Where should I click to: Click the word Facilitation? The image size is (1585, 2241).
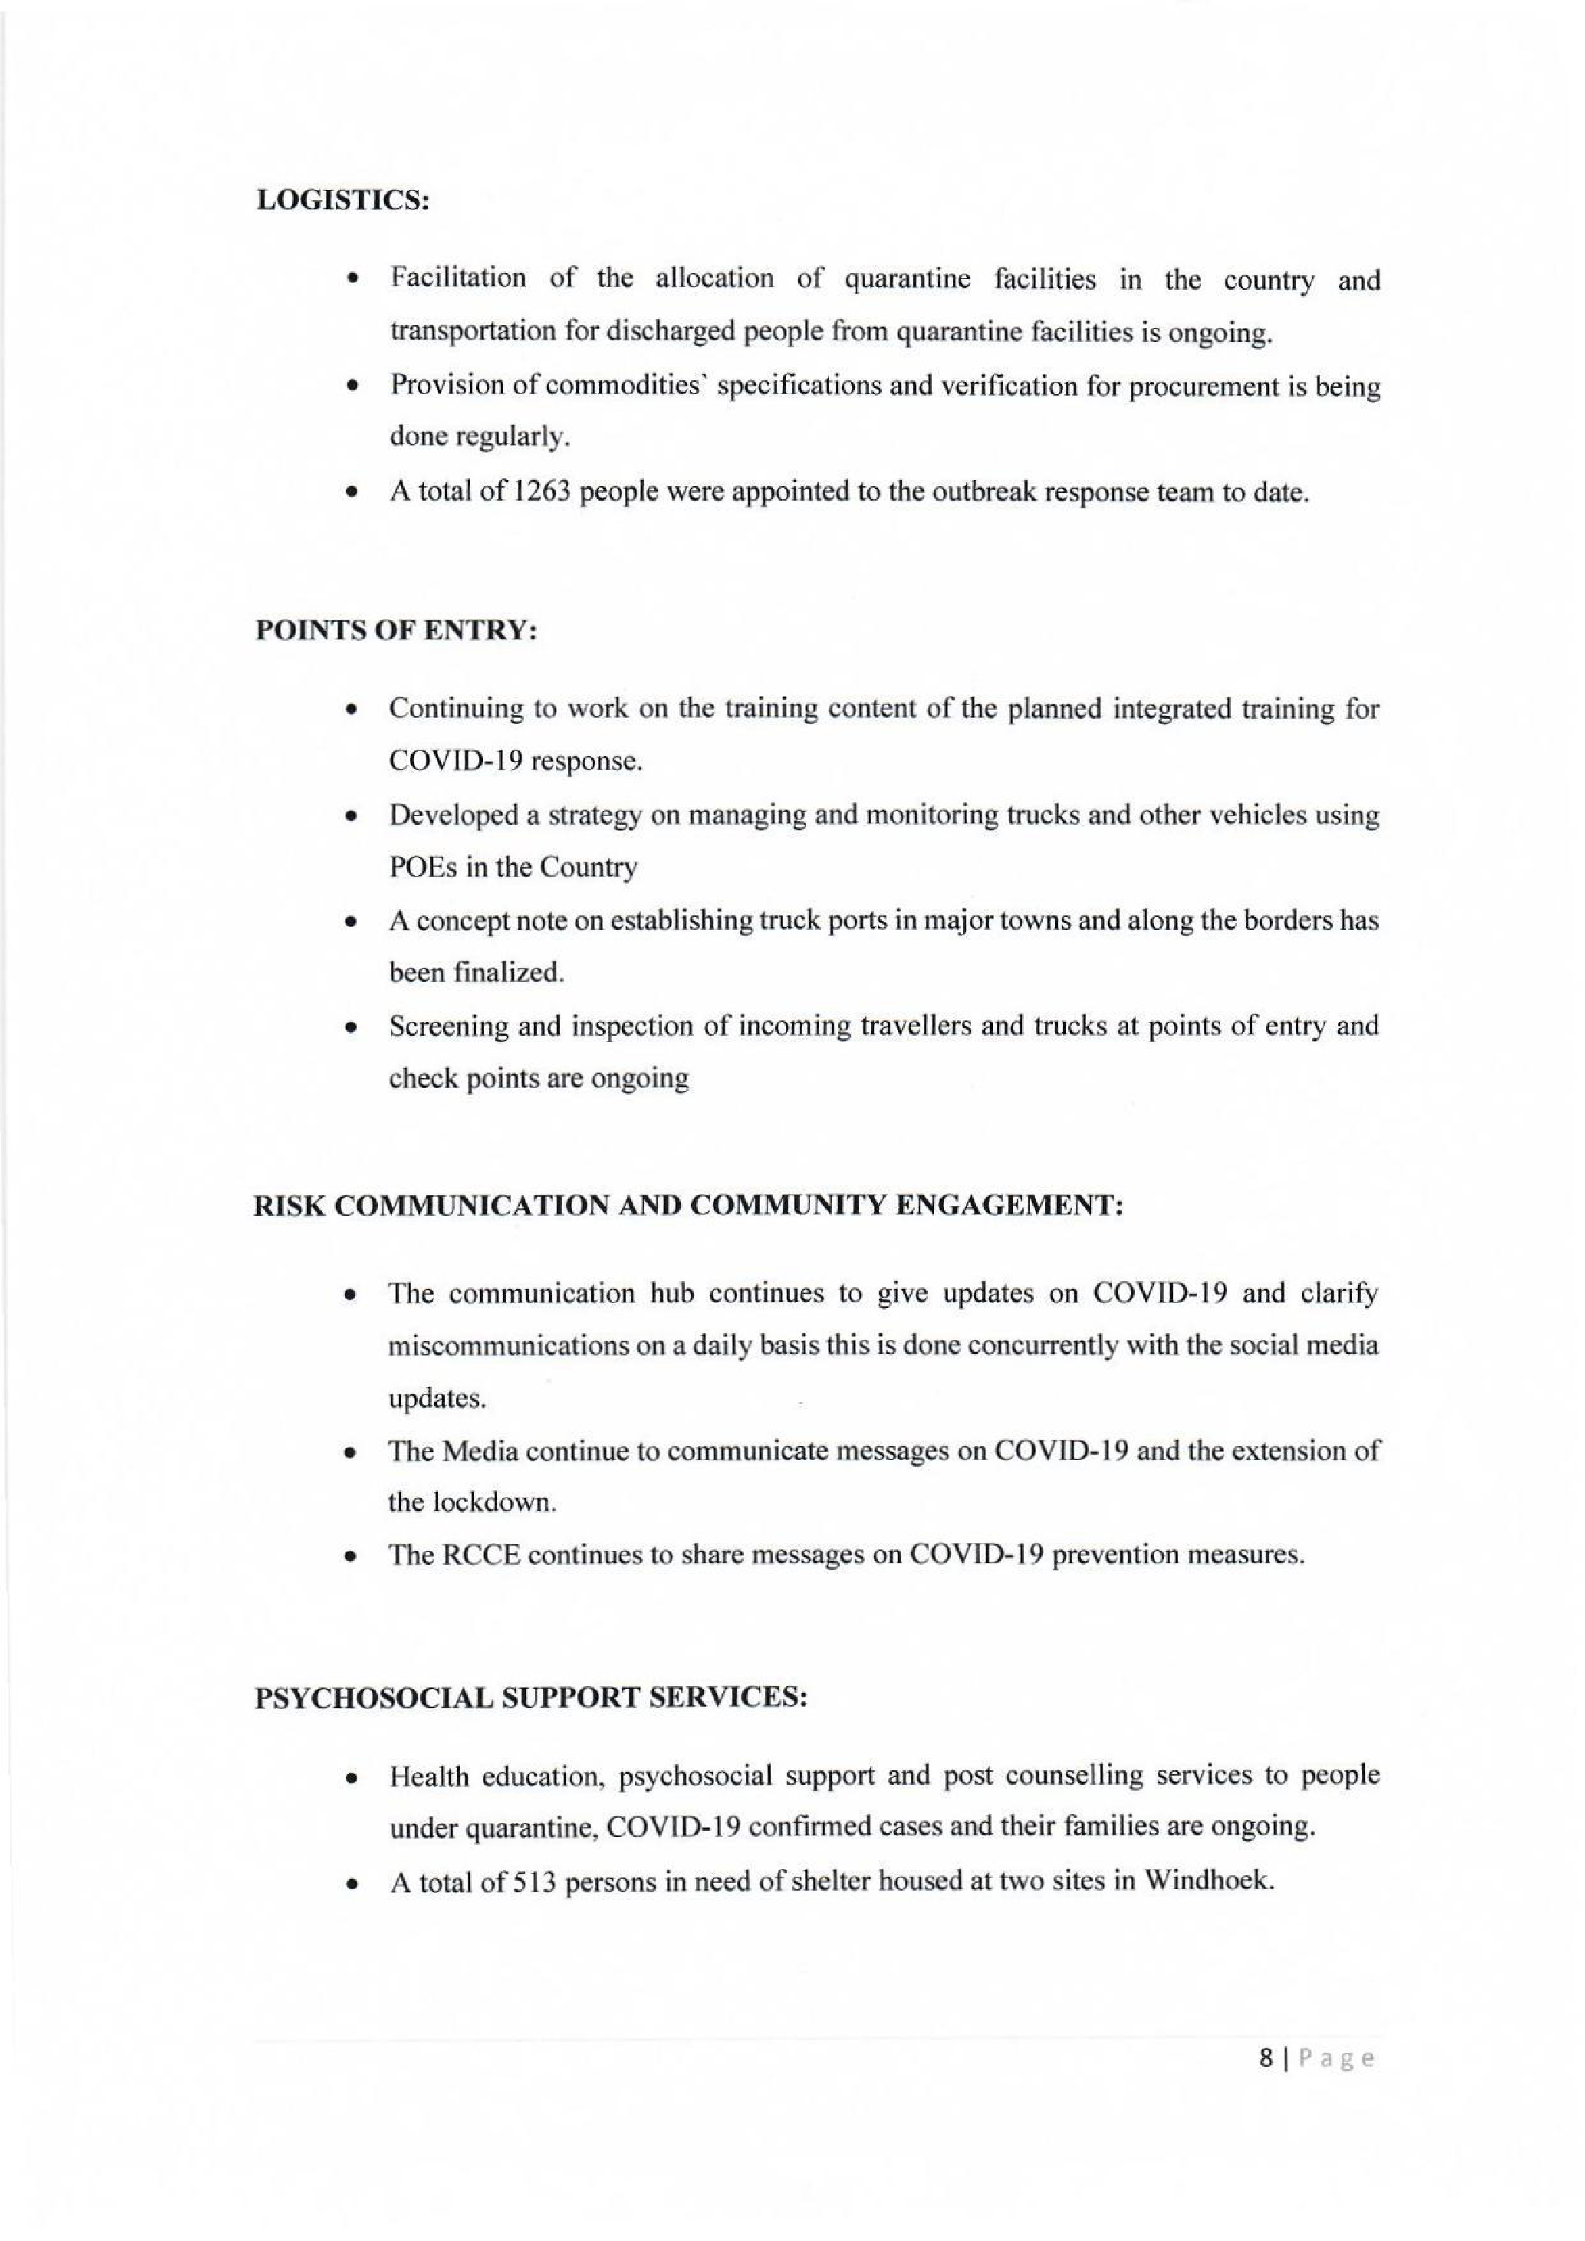tap(458, 278)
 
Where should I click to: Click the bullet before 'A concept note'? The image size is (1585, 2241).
tap(348, 922)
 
